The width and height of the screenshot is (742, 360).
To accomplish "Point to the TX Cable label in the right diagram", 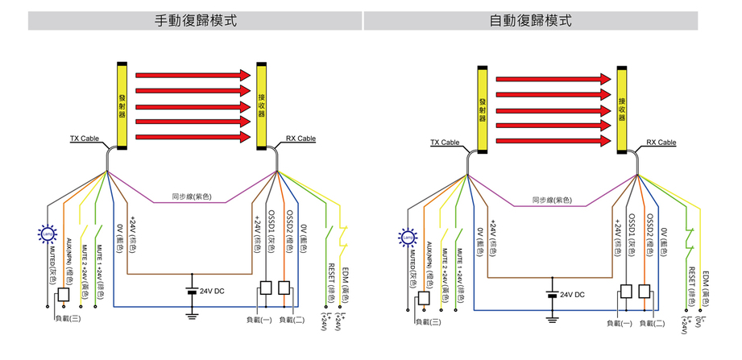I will pos(444,143).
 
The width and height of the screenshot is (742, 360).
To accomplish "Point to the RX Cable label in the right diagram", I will pos(661,143).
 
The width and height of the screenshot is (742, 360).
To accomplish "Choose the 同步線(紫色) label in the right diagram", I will pos(553,201).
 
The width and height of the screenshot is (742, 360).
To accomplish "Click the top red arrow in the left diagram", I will pos(193,74).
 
